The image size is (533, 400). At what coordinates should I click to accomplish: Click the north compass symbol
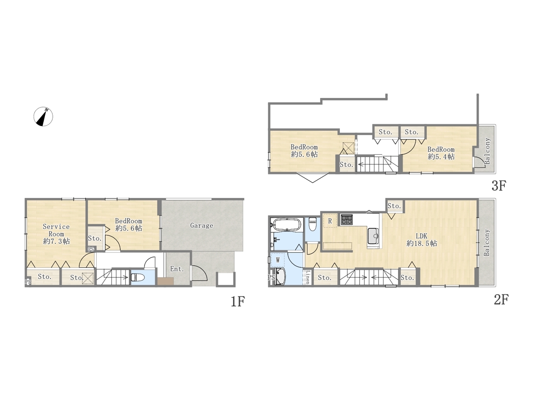(x=43, y=117)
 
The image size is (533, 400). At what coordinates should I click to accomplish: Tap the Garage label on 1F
(x=202, y=225)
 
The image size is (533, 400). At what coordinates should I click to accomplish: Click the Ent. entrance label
(x=177, y=269)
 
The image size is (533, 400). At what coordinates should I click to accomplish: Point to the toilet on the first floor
(x=138, y=277)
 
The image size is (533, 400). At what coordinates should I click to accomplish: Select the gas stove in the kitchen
(x=347, y=219)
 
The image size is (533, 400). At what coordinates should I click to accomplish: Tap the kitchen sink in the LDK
(x=373, y=236)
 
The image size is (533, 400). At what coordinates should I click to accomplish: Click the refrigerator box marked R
(x=330, y=220)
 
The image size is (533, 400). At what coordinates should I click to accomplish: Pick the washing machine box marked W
(x=278, y=260)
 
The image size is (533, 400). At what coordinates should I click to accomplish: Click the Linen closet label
(x=307, y=277)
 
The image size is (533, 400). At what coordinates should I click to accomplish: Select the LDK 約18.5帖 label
(x=421, y=240)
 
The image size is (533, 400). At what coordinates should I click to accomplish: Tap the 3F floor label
(x=499, y=186)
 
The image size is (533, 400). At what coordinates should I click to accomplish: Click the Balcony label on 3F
(x=487, y=151)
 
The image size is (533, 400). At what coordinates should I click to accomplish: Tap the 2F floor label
(x=501, y=300)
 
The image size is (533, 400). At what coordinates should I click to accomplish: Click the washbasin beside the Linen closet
(x=281, y=277)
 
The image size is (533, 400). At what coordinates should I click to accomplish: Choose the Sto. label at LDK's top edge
(x=394, y=206)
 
